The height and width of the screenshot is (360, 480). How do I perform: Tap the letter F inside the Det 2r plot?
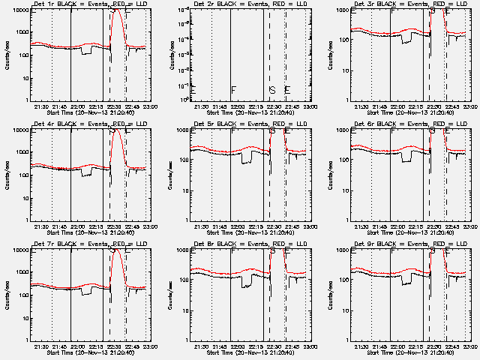tap(234, 91)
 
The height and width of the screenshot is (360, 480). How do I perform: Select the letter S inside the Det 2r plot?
tap(272, 91)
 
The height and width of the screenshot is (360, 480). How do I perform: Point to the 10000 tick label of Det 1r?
tap(19, 10)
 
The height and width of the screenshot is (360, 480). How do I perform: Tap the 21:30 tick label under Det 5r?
tap(201, 226)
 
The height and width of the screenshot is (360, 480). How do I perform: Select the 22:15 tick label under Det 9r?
tap(418, 346)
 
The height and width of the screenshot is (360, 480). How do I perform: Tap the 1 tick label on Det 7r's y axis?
tap(25, 340)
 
